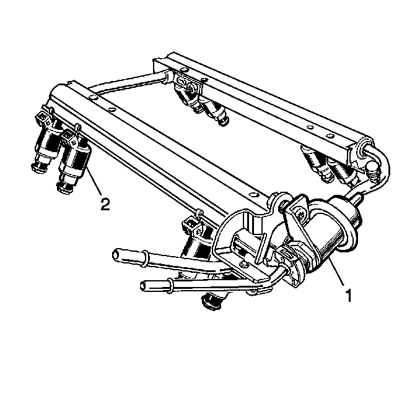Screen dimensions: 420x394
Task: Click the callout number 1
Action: click(x=349, y=296)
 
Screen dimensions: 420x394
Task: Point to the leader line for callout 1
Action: click(x=336, y=272)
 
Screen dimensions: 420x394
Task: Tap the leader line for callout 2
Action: click(x=94, y=181)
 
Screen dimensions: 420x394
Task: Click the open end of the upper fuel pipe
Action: click(x=116, y=254)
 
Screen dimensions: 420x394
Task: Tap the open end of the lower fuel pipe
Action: click(x=144, y=286)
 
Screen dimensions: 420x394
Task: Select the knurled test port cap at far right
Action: click(x=373, y=171)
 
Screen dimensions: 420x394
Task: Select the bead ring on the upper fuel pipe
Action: click(x=144, y=259)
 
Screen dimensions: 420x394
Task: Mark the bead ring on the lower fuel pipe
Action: click(x=170, y=286)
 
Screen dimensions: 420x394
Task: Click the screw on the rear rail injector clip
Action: click(x=191, y=87)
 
